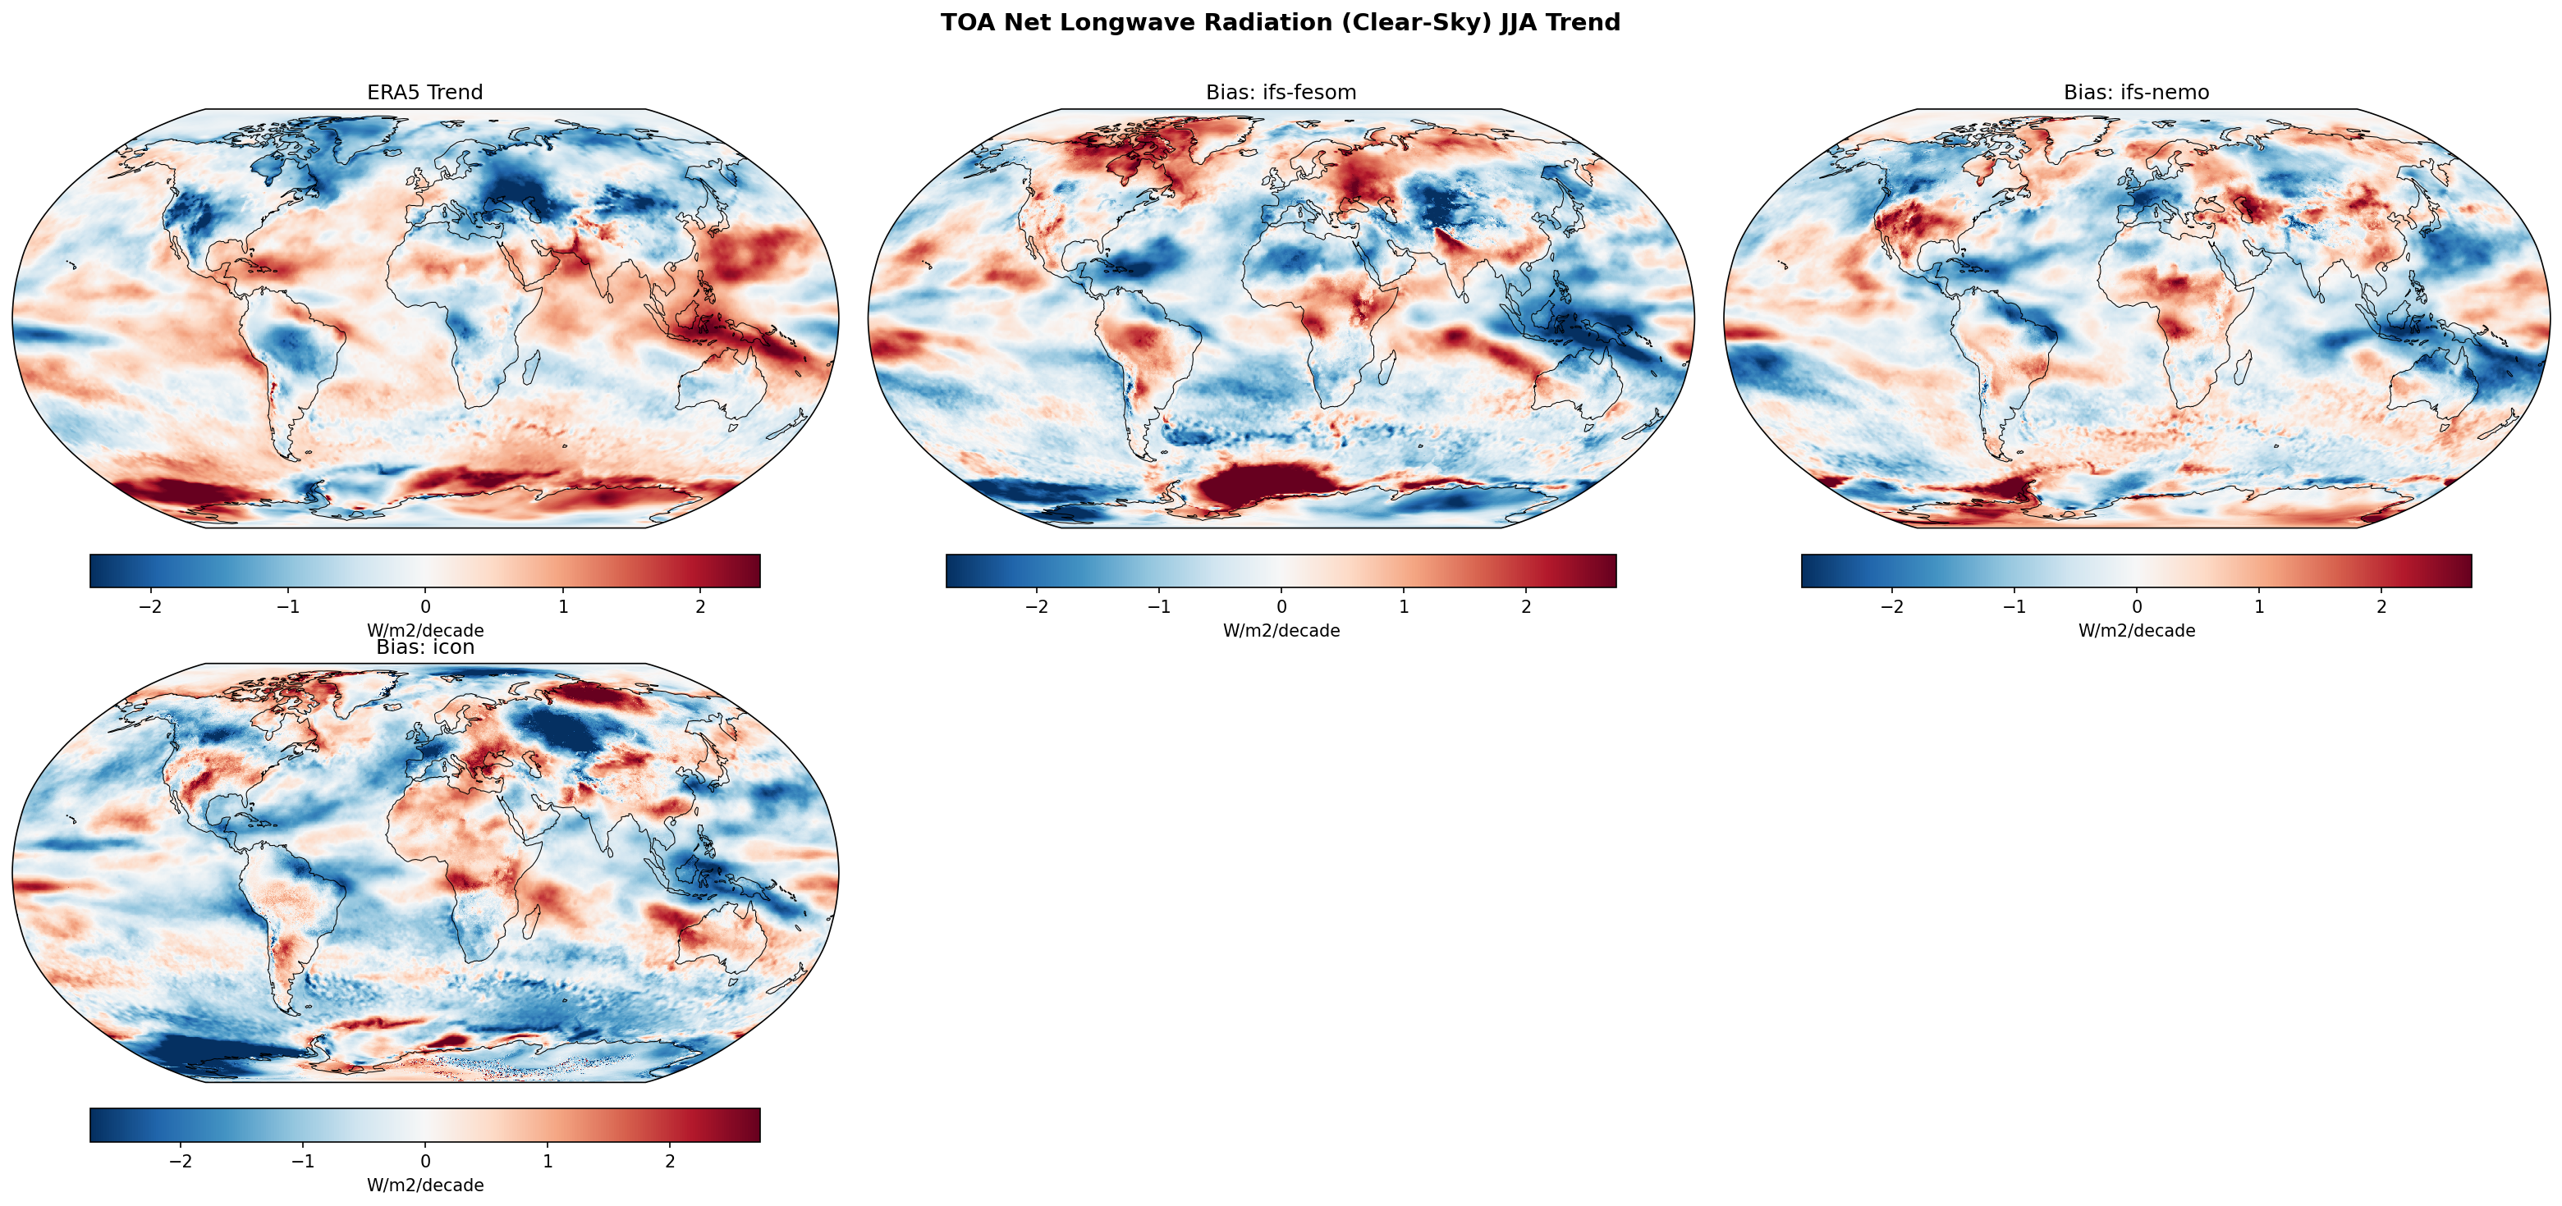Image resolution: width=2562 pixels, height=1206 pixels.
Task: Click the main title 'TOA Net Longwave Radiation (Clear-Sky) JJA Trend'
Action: [1280, 23]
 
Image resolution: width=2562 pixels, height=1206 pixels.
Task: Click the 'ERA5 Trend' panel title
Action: [424, 93]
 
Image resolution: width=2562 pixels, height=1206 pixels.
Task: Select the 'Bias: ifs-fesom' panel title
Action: [1280, 93]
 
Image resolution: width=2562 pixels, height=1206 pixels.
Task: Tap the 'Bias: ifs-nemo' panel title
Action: [2136, 93]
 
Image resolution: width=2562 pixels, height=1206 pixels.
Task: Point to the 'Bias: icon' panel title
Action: [424, 647]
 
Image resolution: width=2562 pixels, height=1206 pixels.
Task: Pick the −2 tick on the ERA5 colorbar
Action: [150, 606]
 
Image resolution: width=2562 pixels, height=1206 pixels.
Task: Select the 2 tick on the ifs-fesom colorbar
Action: [1526, 606]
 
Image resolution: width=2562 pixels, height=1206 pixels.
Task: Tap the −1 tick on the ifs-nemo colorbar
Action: [2014, 606]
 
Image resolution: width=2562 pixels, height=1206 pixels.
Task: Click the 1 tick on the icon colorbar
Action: [547, 1161]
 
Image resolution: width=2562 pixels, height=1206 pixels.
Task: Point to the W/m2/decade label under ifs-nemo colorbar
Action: [2136, 630]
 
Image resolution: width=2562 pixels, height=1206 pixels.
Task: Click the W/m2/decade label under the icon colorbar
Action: [424, 1185]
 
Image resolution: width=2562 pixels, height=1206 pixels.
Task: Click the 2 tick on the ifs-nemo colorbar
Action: [2381, 606]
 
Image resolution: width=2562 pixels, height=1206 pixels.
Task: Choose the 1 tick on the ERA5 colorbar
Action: [563, 606]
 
